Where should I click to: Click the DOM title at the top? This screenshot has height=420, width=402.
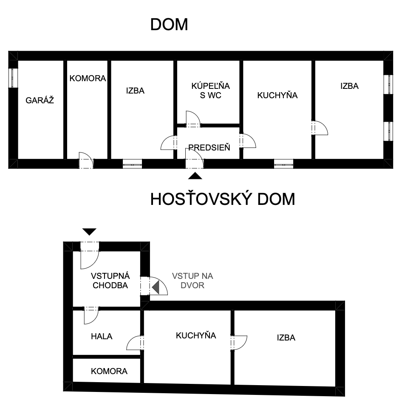(169, 25)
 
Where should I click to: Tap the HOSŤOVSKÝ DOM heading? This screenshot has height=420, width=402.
(223, 199)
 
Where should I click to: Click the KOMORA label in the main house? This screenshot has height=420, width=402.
(88, 78)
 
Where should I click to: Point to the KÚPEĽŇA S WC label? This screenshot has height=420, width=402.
(210, 91)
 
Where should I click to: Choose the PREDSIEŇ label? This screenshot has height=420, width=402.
(209, 148)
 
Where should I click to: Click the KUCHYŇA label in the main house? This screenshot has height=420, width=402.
(277, 95)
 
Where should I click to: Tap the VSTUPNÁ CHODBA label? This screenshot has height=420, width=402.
(110, 281)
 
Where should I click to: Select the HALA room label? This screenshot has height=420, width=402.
(102, 336)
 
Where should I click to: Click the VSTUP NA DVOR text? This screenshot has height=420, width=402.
(193, 281)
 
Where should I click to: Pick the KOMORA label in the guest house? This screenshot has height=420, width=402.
(109, 371)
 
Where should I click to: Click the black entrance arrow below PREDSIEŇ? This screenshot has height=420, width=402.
(195, 176)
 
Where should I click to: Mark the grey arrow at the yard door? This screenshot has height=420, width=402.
(156, 287)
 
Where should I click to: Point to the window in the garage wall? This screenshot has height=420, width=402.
(13, 78)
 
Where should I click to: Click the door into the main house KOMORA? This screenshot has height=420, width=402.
(86, 160)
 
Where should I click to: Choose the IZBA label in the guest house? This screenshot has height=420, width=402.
(286, 338)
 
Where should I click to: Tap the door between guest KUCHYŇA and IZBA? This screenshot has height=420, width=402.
(239, 343)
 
